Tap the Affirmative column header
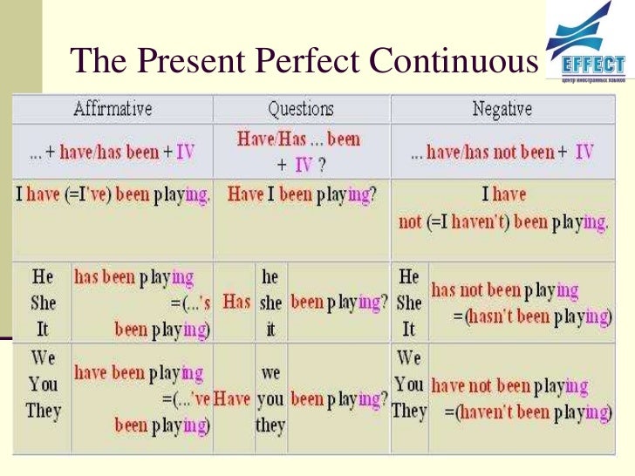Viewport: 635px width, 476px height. coord(113,109)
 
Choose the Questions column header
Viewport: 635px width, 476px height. coord(300,109)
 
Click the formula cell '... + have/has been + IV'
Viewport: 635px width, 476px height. coord(113,151)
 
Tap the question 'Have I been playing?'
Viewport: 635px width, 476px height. coord(302,195)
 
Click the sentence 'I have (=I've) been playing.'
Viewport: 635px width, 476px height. coord(113,195)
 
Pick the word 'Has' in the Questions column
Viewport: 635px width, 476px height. coord(236,302)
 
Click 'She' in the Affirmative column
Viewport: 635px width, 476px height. coord(43,303)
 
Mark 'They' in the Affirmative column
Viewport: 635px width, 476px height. coord(43,410)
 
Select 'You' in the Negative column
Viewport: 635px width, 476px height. coord(409,384)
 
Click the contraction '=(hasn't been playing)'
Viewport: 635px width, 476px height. coord(529,315)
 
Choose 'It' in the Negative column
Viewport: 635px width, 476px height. coord(407,330)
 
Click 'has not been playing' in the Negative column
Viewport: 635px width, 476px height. coord(504,290)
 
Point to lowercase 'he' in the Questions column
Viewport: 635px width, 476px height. coord(270,276)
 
